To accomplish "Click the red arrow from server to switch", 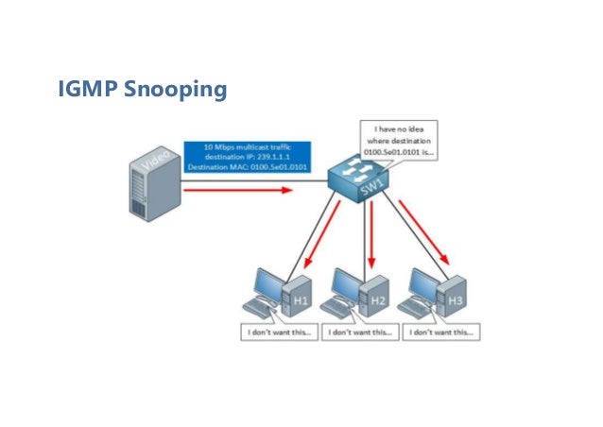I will [x=235, y=189].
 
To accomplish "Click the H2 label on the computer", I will [x=379, y=299].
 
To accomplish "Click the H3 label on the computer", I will [x=457, y=299].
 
